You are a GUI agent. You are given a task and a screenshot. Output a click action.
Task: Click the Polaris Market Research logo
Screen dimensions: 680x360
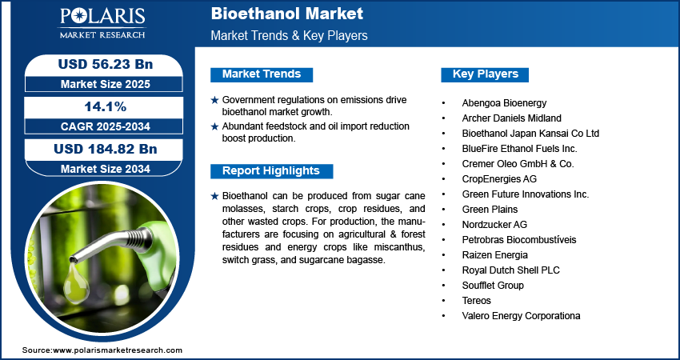(102, 22)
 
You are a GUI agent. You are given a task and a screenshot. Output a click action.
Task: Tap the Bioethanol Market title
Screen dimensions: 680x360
(286, 14)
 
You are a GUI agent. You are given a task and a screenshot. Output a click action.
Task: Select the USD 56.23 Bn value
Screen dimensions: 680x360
(106, 64)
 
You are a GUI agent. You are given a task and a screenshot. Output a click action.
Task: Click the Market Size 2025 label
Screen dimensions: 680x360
(106, 84)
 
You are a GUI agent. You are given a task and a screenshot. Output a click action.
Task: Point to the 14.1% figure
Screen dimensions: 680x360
(106, 106)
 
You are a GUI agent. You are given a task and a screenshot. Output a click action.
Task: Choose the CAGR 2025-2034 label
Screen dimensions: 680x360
(106, 126)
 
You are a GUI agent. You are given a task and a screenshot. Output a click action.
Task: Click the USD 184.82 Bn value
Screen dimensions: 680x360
(106, 149)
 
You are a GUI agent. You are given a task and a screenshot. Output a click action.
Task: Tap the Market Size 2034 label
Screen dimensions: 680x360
(106, 169)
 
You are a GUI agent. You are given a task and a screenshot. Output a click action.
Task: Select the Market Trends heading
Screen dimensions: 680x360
(262, 74)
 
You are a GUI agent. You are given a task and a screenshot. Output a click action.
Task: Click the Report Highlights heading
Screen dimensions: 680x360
(271, 171)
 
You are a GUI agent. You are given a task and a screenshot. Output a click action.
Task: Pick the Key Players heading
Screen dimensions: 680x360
(486, 74)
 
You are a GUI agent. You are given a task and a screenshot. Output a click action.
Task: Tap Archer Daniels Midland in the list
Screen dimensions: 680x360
(512, 118)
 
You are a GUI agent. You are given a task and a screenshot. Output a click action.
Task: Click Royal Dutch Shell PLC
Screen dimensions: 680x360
(511, 270)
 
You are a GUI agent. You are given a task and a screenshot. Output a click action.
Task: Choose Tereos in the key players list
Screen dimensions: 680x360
(477, 301)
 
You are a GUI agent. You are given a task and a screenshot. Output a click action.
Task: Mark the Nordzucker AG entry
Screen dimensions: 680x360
(494, 225)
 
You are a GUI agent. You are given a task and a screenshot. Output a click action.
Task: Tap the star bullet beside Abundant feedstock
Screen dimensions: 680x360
(214, 126)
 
